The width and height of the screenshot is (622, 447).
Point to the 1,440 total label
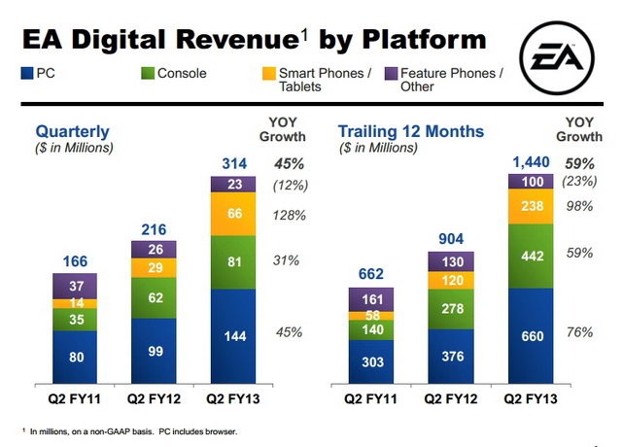coord(531,160)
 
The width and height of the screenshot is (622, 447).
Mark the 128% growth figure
coord(288,214)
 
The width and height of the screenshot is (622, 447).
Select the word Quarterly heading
coord(73,131)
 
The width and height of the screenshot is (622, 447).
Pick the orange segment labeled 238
coord(531,206)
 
